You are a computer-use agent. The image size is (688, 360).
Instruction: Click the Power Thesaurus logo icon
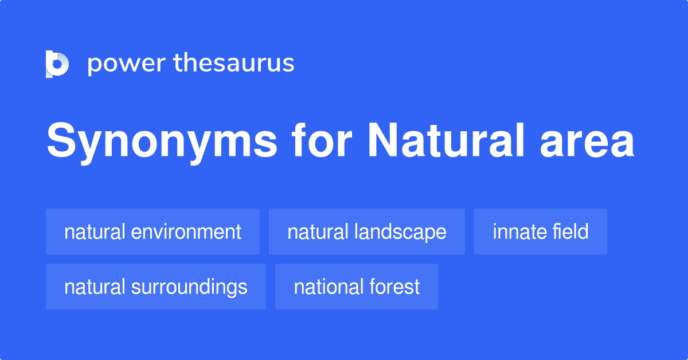[57, 64]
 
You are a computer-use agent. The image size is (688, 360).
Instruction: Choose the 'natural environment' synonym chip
[153, 232]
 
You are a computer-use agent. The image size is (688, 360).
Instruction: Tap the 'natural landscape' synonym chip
[366, 232]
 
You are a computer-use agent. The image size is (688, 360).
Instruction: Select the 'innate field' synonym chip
[540, 232]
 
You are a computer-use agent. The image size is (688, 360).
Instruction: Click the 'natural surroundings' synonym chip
[155, 287]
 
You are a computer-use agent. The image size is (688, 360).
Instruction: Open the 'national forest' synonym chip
[356, 287]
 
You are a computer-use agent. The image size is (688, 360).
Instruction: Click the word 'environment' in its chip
[186, 232]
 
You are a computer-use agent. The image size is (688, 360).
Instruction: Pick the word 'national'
[327, 287]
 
